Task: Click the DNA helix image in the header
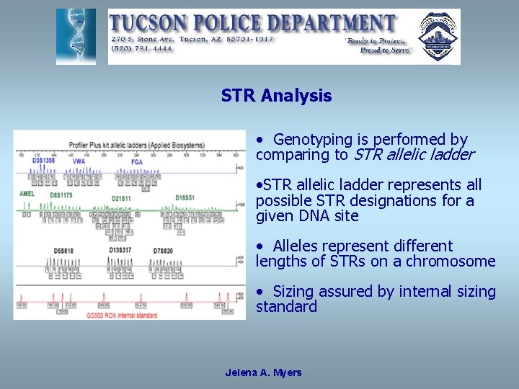(x=76, y=36)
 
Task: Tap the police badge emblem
(x=438, y=36)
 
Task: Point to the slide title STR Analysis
(x=276, y=96)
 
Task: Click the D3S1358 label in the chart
(x=43, y=160)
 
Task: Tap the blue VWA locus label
(x=79, y=161)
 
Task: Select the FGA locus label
(x=136, y=161)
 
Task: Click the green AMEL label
(x=27, y=194)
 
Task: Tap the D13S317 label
(x=120, y=250)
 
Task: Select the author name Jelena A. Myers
(x=263, y=372)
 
